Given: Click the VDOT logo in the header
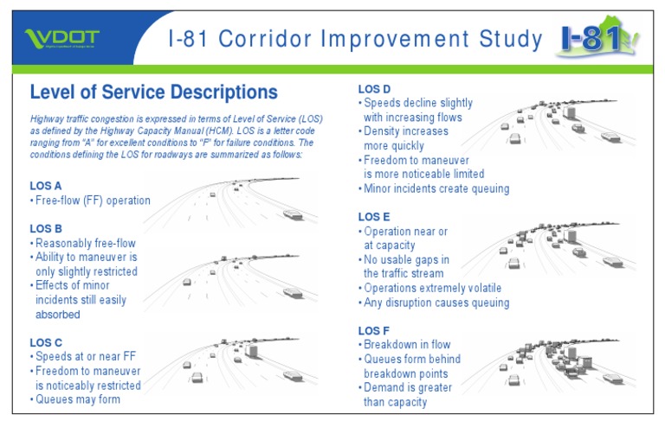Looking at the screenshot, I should (x=62, y=39).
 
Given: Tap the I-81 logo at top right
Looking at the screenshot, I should (x=598, y=38).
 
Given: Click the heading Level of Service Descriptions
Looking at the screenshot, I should (x=153, y=92).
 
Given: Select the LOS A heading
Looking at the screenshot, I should (x=46, y=185).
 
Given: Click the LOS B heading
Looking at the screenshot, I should (x=46, y=228).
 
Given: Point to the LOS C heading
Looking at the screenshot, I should (x=46, y=342).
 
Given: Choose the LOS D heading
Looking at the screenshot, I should (x=374, y=88).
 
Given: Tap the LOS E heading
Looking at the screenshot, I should (x=374, y=217).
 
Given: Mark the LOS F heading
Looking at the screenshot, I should (x=374, y=330).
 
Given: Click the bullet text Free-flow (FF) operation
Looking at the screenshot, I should (x=93, y=201).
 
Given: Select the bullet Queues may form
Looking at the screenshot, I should (x=78, y=399).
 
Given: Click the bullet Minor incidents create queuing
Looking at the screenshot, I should (x=436, y=188).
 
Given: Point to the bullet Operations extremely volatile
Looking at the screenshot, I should (x=432, y=289).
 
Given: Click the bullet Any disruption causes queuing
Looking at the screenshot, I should (x=436, y=303).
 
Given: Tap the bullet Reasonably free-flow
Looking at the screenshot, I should (x=86, y=243).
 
